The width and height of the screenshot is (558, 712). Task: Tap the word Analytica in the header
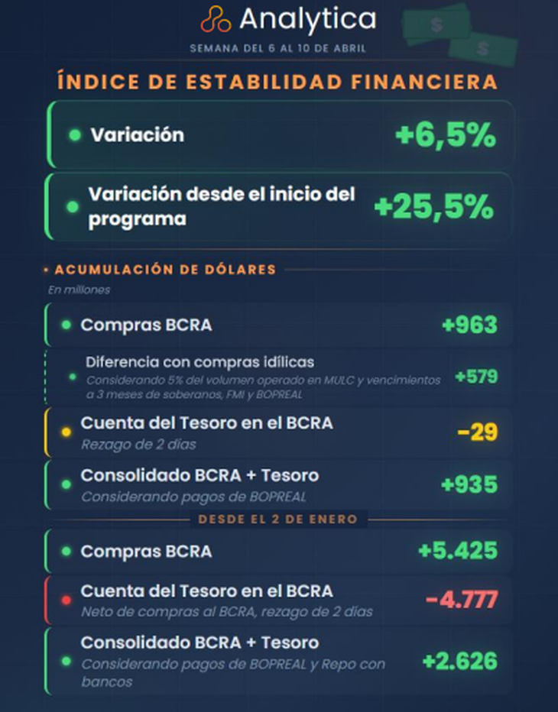click(x=307, y=19)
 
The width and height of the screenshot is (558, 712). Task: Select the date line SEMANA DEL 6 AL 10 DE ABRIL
click(x=278, y=48)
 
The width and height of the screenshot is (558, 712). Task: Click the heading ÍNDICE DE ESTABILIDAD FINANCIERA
click(x=277, y=81)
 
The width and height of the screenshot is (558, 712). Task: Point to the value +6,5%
click(x=446, y=136)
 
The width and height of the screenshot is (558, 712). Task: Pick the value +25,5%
click(x=433, y=206)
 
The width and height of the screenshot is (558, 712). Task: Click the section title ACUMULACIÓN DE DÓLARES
click(x=165, y=269)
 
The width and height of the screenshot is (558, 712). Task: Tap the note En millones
click(x=79, y=290)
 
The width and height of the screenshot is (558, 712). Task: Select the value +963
click(x=469, y=325)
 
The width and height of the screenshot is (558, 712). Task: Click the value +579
click(x=476, y=376)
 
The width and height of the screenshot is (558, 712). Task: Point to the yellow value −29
click(x=478, y=432)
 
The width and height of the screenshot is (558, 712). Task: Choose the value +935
click(x=469, y=484)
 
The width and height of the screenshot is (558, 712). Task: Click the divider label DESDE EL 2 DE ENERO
click(x=278, y=519)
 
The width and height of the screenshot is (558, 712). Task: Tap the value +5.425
click(x=458, y=550)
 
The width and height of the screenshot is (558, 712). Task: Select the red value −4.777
click(x=461, y=600)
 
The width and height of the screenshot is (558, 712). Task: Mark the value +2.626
click(x=459, y=661)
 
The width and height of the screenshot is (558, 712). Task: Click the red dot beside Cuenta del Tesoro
click(x=66, y=600)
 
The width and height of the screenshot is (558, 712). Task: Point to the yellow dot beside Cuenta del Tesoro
click(x=66, y=432)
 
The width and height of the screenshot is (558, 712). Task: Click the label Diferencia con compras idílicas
click(x=200, y=361)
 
